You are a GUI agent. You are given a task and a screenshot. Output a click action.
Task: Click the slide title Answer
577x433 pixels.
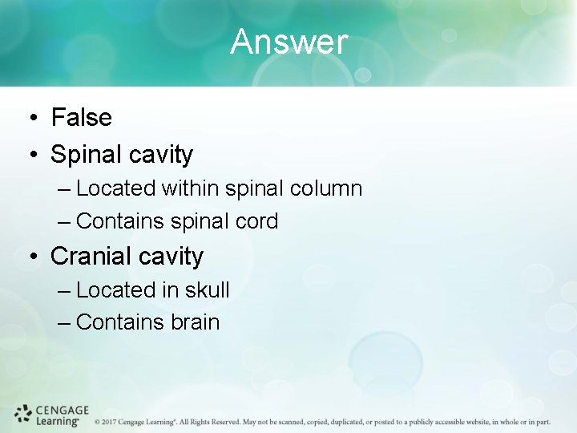click(x=288, y=42)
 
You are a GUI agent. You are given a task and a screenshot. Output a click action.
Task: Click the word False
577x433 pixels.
click(x=81, y=118)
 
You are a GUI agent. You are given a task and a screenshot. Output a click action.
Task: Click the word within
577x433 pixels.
click(x=190, y=188)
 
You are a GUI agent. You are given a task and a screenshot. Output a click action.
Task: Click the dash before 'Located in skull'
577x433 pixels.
click(x=65, y=291)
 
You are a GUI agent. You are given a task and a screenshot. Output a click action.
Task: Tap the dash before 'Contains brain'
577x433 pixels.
click(x=65, y=323)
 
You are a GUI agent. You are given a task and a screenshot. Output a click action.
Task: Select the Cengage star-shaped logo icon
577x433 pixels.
click(x=23, y=414)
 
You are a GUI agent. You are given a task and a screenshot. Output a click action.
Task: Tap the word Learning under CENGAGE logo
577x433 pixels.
click(x=57, y=421)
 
